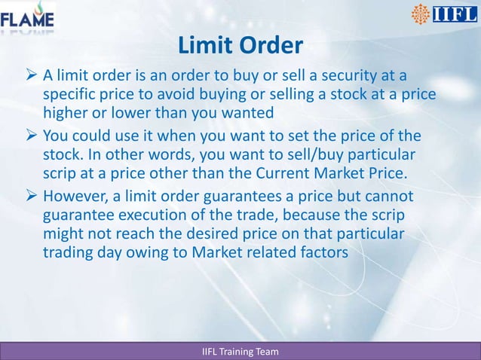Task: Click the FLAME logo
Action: pyautogui.click(x=28, y=19)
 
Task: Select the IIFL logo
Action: pyautogui.click(x=443, y=15)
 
